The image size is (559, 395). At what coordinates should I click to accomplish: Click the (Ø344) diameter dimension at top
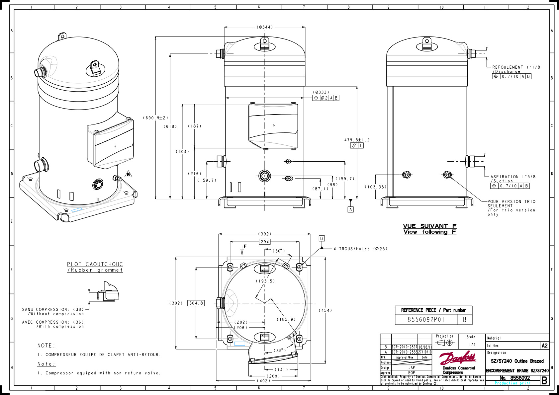tap(265, 27)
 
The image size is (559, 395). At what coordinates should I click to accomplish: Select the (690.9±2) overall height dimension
tap(156, 118)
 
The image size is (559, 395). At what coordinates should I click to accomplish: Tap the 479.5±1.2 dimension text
tap(357, 140)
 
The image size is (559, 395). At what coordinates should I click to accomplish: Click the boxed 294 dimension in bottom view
tap(265, 242)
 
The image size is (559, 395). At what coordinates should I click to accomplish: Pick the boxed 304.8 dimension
tap(196, 303)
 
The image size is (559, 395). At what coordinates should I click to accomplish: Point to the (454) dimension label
tap(325, 310)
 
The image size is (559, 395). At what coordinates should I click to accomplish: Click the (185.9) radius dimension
tap(286, 319)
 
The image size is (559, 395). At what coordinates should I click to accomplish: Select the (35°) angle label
tap(280, 351)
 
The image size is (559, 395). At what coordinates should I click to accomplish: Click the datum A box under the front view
tap(351, 209)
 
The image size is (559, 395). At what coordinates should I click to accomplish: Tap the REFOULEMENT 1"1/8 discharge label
tap(516, 67)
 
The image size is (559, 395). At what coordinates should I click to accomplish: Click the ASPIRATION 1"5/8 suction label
tap(513, 177)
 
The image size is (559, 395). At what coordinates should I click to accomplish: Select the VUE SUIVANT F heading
tap(430, 226)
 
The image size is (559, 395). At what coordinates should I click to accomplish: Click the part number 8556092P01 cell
tap(426, 320)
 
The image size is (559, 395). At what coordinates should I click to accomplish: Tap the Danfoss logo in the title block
tap(458, 358)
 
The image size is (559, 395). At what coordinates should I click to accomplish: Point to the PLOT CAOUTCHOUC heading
tap(95, 264)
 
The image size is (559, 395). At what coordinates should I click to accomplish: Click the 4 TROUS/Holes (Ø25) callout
tap(360, 249)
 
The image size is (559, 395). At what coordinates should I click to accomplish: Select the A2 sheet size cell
tap(544, 346)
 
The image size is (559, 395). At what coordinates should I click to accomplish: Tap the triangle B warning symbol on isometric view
tap(129, 174)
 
